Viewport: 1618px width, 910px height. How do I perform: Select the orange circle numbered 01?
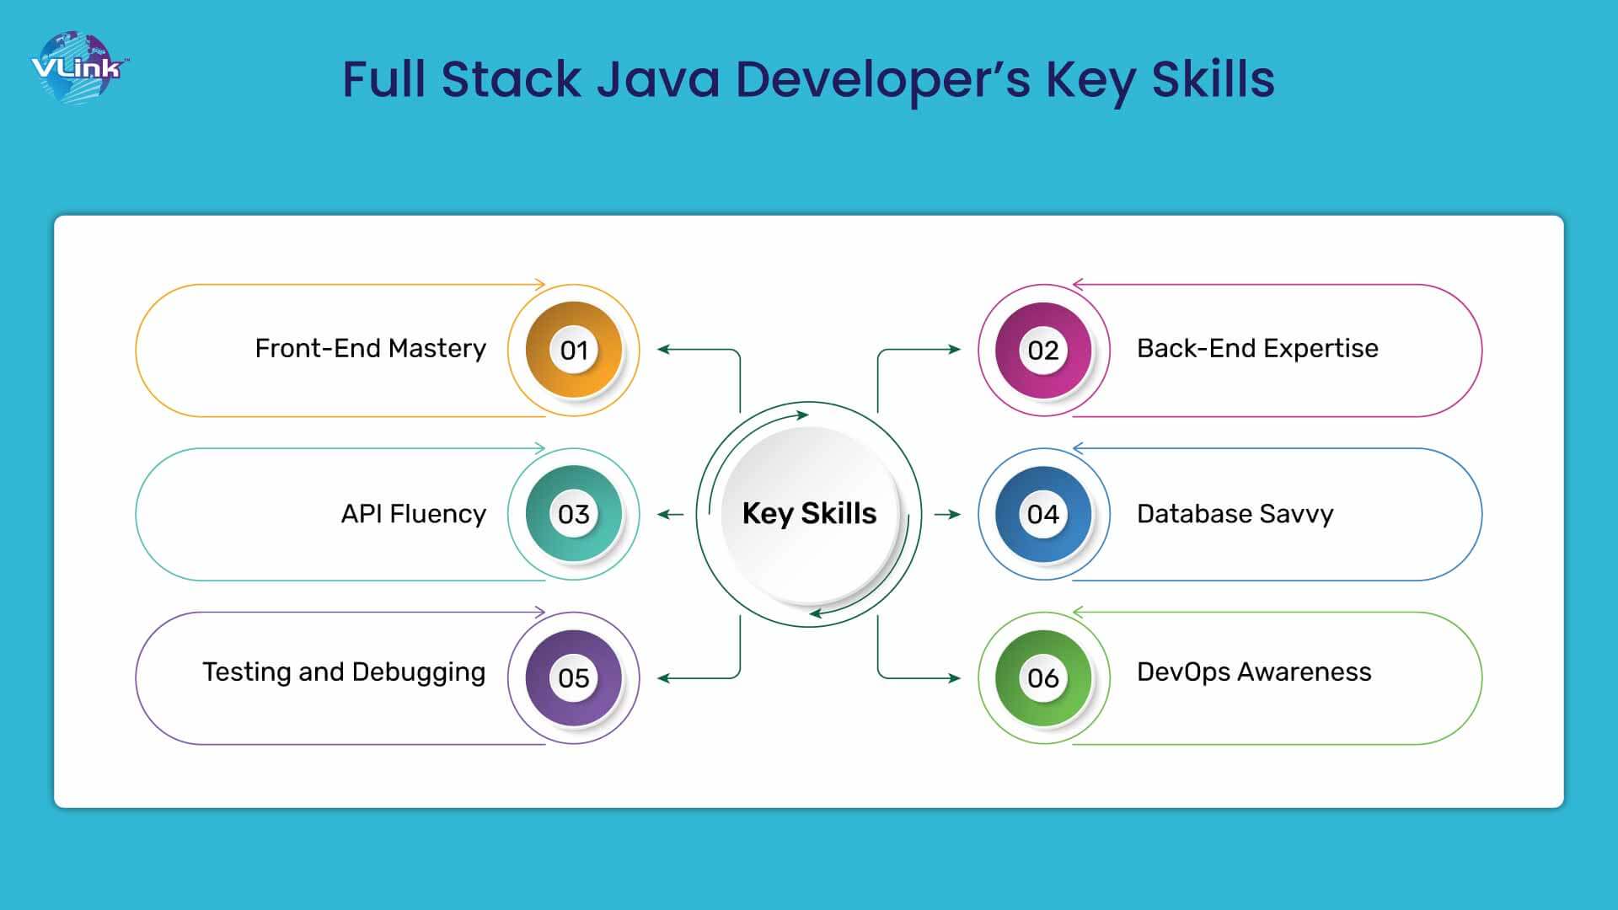[574, 350]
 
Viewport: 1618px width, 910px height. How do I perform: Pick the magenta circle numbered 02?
[1043, 350]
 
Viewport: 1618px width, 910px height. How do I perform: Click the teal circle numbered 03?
[574, 514]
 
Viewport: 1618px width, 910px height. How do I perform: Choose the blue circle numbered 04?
[1043, 514]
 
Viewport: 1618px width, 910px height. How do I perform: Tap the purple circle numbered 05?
[574, 677]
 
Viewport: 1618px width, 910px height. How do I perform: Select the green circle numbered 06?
[1043, 677]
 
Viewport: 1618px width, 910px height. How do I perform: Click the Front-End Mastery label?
[371, 349]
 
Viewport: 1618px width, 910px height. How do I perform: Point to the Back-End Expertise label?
[1257, 349]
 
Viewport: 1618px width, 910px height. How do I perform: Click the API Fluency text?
[414, 514]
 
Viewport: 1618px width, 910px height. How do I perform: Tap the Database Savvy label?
[1235, 514]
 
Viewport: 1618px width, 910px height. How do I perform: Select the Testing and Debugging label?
[344, 672]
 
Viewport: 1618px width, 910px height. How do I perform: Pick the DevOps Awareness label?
[1254, 672]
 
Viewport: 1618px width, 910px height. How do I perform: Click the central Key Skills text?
[809, 513]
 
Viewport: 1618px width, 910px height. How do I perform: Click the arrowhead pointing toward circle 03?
[663, 514]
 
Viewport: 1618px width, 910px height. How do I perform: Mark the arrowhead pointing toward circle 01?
[663, 349]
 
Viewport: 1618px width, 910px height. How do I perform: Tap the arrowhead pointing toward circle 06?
[955, 677]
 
